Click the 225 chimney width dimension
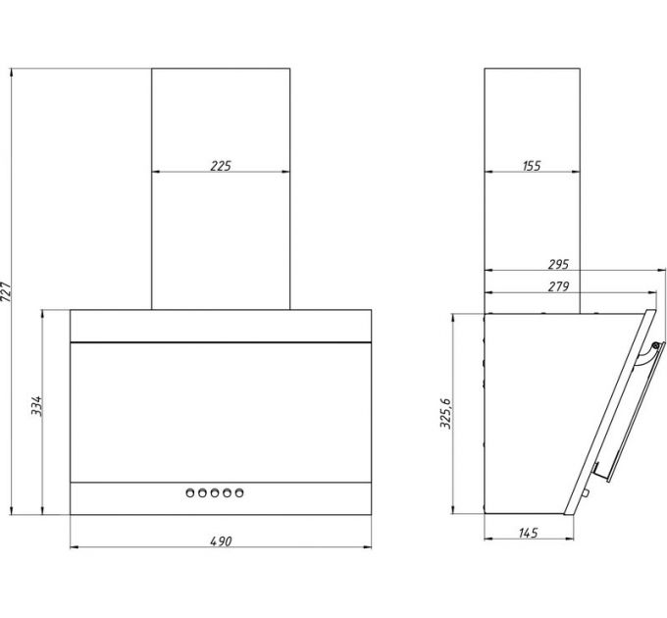(x=221, y=166)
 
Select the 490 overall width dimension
(x=222, y=541)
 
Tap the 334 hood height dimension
(x=36, y=406)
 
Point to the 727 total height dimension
(x=6, y=291)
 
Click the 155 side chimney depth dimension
(x=532, y=166)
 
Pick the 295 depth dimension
(x=558, y=264)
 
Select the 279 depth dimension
(x=558, y=286)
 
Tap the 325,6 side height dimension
(x=445, y=413)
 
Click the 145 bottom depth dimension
(x=529, y=533)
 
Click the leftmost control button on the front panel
(x=190, y=493)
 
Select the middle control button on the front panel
(x=215, y=493)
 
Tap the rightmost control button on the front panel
(x=239, y=493)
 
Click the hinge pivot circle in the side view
(x=655, y=345)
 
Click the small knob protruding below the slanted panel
(x=586, y=493)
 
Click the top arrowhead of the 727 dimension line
(x=12, y=73)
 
